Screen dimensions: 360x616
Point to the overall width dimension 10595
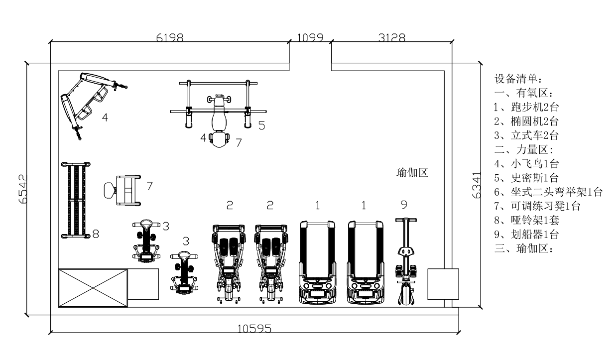(x=254, y=329)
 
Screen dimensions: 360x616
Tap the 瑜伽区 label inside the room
(x=412, y=173)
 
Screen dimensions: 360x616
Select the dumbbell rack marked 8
(x=75, y=199)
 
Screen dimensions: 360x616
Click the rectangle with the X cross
(x=93, y=288)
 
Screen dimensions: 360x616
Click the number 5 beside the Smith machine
(x=261, y=125)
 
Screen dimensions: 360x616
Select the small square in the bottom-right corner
(x=443, y=284)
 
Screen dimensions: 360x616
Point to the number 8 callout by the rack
(x=96, y=234)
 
